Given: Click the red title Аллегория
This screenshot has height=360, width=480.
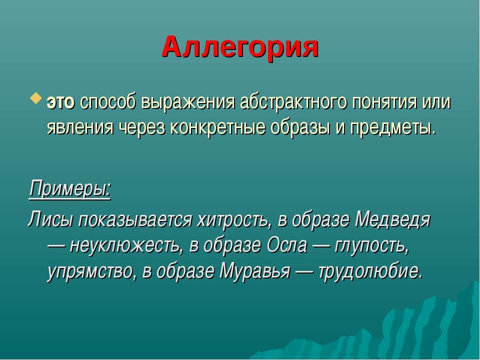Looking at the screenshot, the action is (240, 48).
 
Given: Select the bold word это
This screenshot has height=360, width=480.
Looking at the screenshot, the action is (60, 102).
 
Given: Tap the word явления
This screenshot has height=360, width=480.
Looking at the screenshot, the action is (79, 127).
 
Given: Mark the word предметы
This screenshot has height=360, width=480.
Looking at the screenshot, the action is (392, 127).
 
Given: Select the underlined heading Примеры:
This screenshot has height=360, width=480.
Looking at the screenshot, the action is (70, 189).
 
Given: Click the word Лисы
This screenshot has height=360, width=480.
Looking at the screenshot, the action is (51, 220).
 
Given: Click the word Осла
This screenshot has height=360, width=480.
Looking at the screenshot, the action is (287, 245).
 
